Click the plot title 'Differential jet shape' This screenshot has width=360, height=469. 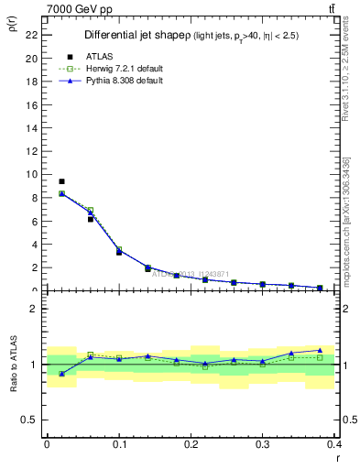tap(136, 35)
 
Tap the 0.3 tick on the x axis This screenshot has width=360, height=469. tap(262, 447)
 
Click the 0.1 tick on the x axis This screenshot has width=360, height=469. tap(118, 447)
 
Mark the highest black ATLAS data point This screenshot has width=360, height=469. tap(61, 181)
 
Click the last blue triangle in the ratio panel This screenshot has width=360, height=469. tap(320, 350)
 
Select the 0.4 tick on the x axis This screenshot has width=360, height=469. tap(334, 447)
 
